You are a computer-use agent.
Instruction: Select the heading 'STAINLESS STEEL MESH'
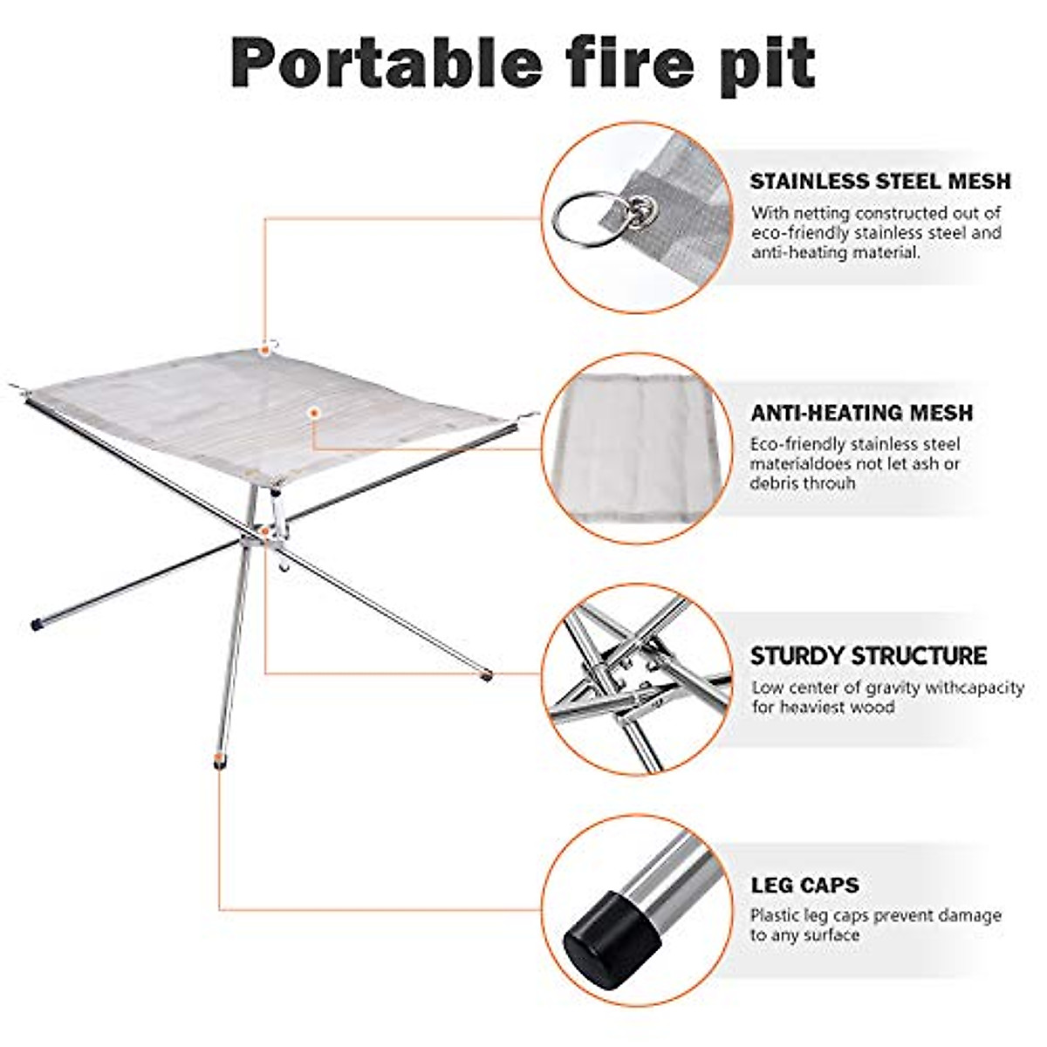(x=879, y=181)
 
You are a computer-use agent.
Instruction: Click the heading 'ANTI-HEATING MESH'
(x=861, y=413)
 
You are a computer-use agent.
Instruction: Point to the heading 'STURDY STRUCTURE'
(x=868, y=655)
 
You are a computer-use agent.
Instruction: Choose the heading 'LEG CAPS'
(x=804, y=886)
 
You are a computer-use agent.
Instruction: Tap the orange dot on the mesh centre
(x=314, y=411)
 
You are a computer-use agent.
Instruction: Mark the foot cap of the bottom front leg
(x=216, y=760)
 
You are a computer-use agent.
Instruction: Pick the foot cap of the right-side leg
(x=486, y=674)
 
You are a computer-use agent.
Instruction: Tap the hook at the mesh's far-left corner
(x=15, y=386)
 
